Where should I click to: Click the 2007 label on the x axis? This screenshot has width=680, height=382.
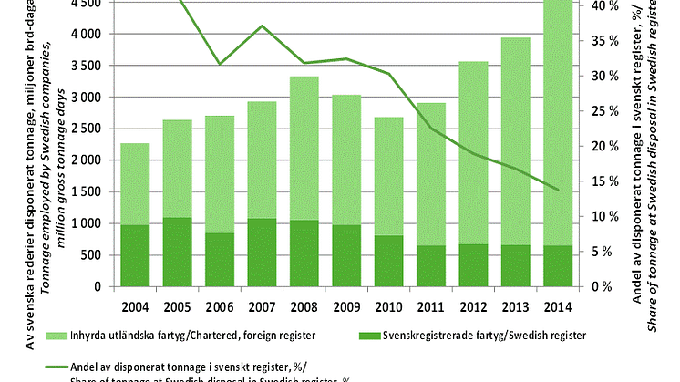point(261,305)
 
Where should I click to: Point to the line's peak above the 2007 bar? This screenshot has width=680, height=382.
point(261,26)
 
